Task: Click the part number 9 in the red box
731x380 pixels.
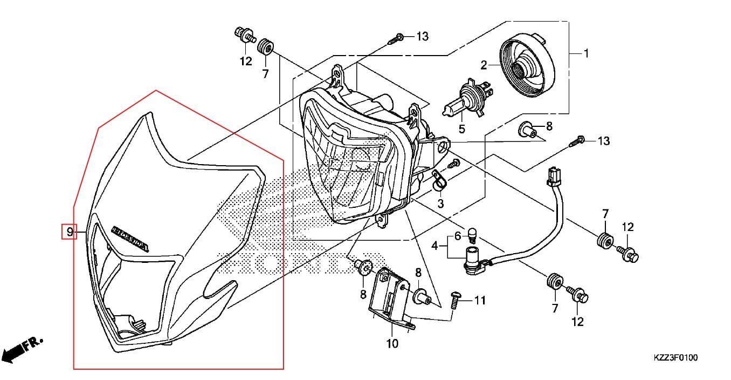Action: click(x=70, y=232)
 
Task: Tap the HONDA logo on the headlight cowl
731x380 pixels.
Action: click(x=130, y=238)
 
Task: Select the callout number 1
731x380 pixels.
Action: click(x=586, y=53)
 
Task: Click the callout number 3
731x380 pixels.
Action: click(x=440, y=203)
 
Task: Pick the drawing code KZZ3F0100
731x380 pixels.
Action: click(x=676, y=357)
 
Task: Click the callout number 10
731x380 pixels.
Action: click(x=392, y=343)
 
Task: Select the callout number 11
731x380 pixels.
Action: click(x=480, y=300)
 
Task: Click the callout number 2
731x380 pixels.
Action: click(x=484, y=65)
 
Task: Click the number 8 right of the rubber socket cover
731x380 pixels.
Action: click(x=549, y=127)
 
